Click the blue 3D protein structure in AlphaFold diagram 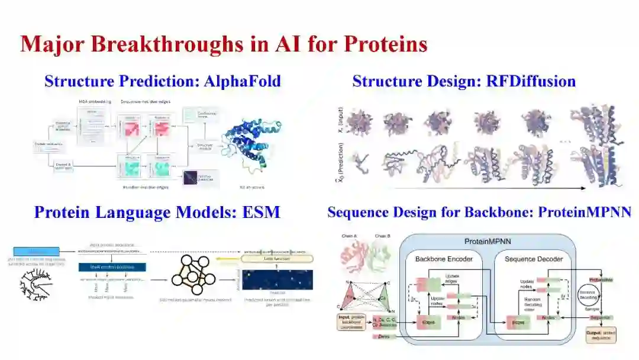(250, 147)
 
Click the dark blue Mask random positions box (112, 267)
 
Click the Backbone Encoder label (441, 259)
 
